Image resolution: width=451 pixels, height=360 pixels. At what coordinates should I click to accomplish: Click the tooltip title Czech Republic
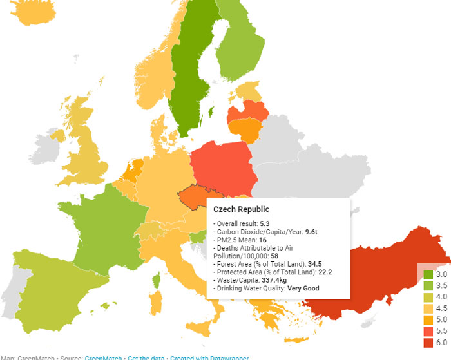(x=242, y=209)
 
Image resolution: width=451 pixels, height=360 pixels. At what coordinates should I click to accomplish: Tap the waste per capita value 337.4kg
(x=273, y=280)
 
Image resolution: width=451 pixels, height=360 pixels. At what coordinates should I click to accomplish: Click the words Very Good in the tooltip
(x=303, y=289)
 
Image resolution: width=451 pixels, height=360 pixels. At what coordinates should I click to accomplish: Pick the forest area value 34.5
(x=316, y=264)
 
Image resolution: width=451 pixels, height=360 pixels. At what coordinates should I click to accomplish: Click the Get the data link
(x=146, y=357)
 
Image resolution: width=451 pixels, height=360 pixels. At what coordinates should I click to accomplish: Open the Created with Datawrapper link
(x=209, y=357)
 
